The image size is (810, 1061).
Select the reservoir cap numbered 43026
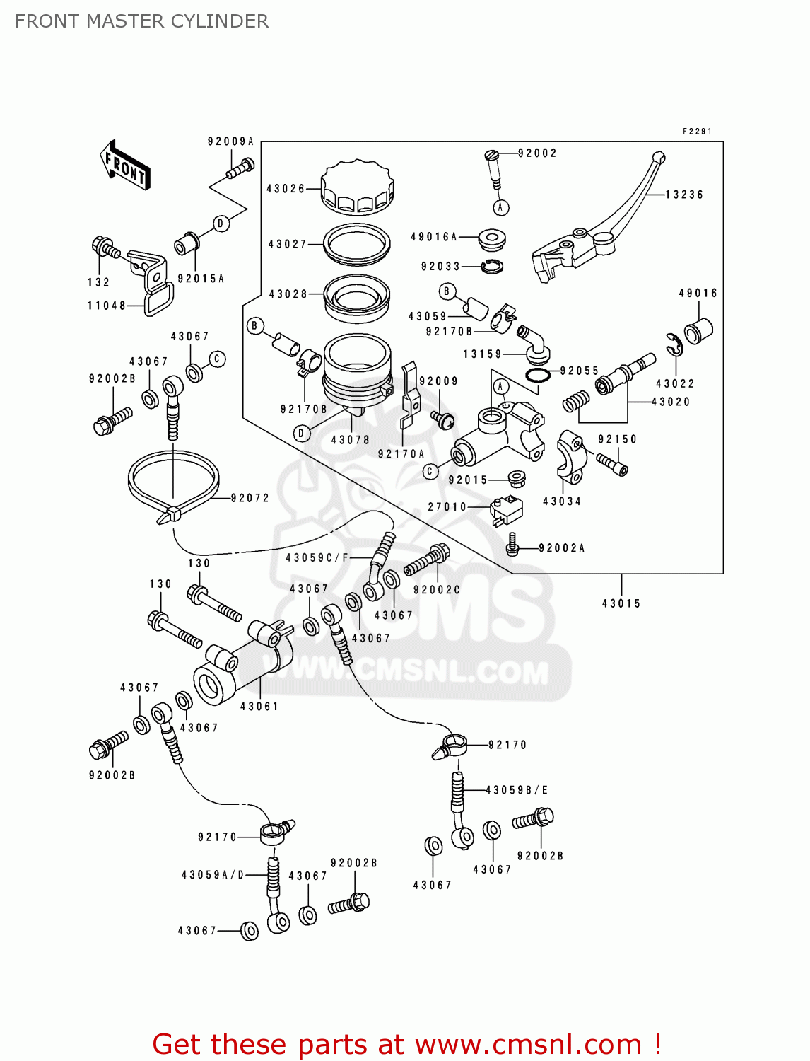pos(357,187)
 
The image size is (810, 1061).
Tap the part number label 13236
pos(684,195)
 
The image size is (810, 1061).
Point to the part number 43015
pos(621,603)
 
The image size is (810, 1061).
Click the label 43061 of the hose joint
pos(259,706)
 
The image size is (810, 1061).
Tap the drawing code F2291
pos(697,132)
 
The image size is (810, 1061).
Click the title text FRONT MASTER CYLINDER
pos(141,21)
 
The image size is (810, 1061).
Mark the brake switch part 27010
pos(506,509)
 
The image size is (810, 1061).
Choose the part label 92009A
pos(230,141)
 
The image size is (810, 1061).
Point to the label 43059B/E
pos(517,790)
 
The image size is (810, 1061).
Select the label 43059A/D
pos(213,875)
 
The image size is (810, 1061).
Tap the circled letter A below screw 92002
pos(500,207)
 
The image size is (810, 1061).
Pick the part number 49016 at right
pos(698,293)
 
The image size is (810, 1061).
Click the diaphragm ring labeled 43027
pos(357,243)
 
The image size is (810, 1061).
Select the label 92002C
pos(437,590)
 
